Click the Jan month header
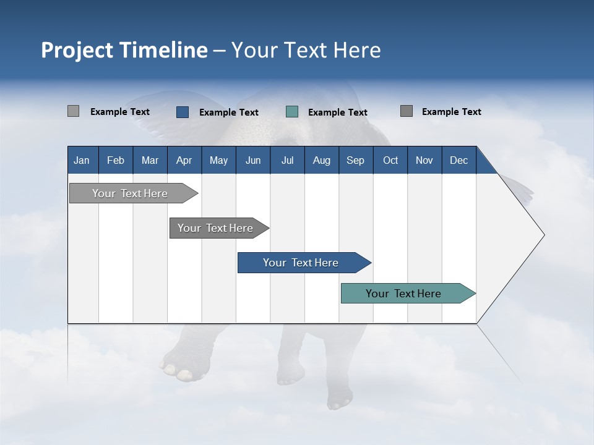82,160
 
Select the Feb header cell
116,160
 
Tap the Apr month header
184,160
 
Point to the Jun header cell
253,160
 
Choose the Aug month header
322,160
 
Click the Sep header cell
356,160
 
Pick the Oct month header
390,160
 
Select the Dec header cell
459,160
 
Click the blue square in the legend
183,112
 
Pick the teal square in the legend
292,112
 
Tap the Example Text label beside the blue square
229,112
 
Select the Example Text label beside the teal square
338,112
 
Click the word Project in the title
77,50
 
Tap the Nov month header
424,160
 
